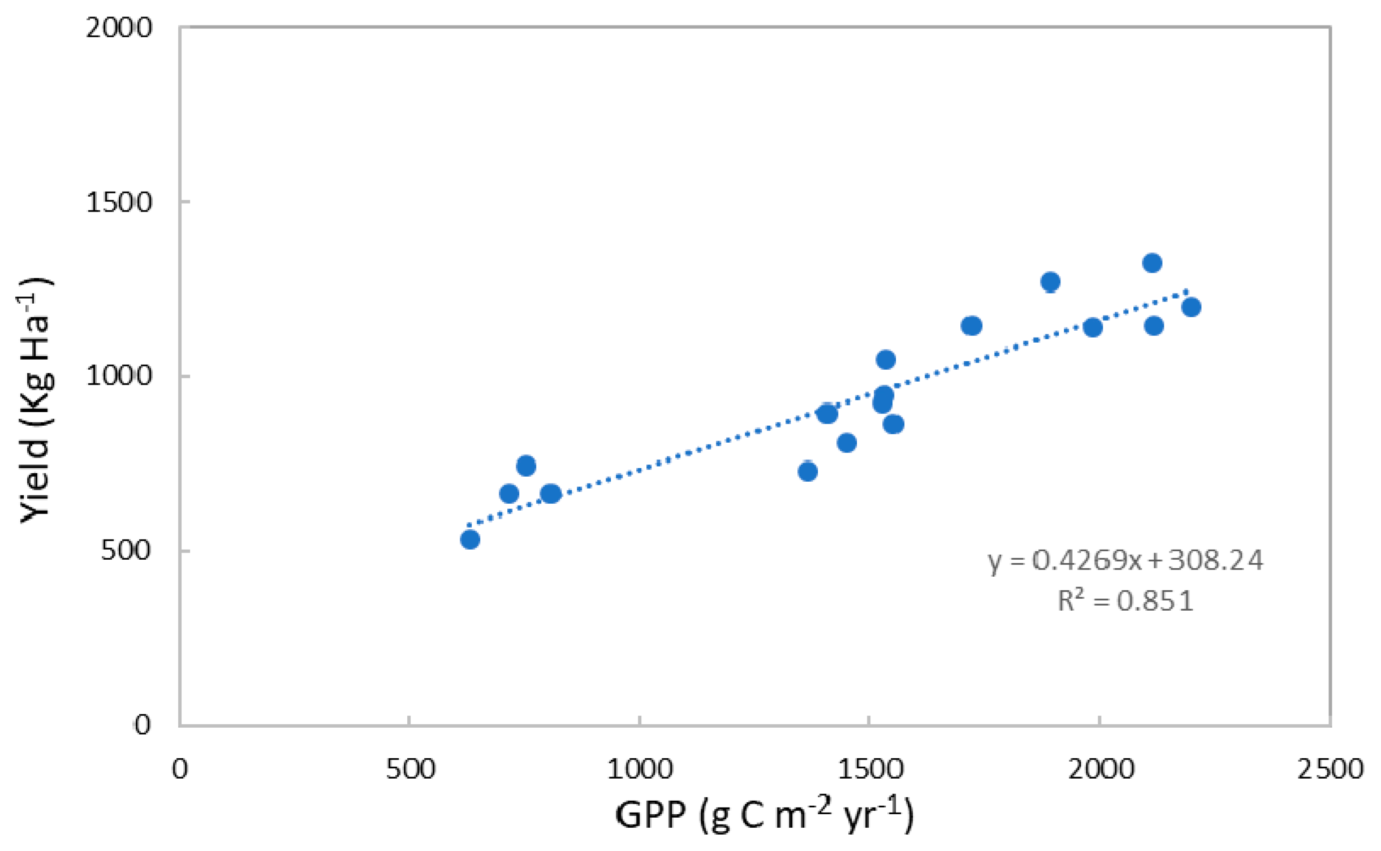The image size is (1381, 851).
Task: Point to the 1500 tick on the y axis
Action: click(119, 202)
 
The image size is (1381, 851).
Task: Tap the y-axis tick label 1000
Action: click(119, 376)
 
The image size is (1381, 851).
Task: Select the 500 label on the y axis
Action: click(126, 550)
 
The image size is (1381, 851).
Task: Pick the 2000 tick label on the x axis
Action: click(1101, 770)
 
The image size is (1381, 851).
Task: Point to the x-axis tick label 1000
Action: click(640, 770)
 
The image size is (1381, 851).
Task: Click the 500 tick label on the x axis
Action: click(410, 770)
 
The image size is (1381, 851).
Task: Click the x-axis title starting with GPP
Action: click(763, 816)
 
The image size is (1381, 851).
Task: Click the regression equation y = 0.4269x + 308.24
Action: click(1125, 560)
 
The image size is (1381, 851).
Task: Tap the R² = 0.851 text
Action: click(1125, 601)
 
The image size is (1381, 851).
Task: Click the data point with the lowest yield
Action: click(470, 539)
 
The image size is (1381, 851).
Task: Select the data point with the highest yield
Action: click(1152, 263)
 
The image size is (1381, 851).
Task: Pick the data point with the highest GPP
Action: click(1191, 307)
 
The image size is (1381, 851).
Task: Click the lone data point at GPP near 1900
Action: click(1050, 282)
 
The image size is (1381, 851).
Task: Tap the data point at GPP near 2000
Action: click(1093, 327)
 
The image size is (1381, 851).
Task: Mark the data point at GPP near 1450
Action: click(847, 443)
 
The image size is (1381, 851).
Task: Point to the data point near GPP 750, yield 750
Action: click(526, 466)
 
